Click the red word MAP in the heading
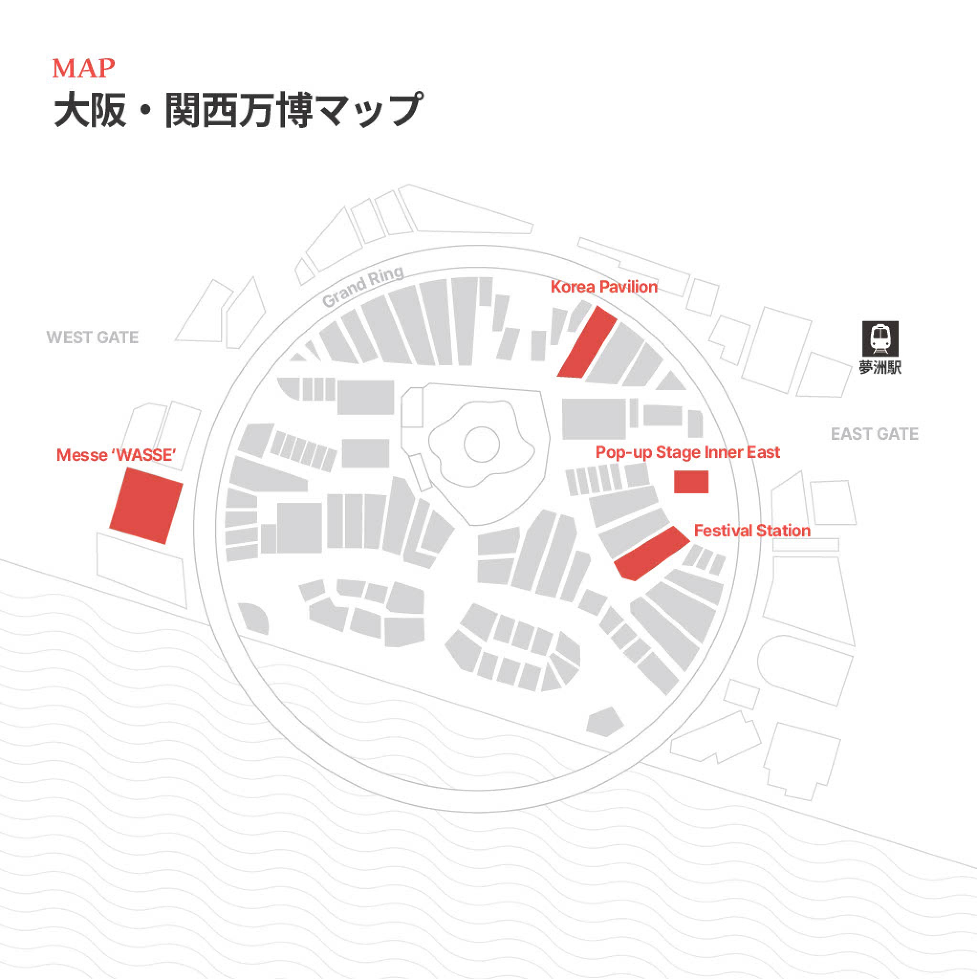(84, 68)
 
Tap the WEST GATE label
(92, 337)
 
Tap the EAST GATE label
(874, 434)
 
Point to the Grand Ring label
(363, 286)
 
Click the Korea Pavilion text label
(604, 287)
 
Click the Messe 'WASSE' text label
(116, 455)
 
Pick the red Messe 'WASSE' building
(146, 505)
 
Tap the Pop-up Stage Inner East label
(687, 453)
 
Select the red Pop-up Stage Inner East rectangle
(691, 482)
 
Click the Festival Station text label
(751, 531)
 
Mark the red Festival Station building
(651, 554)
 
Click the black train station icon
(880, 338)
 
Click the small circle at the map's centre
(481, 444)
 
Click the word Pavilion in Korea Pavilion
(629, 287)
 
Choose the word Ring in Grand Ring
(386, 276)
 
